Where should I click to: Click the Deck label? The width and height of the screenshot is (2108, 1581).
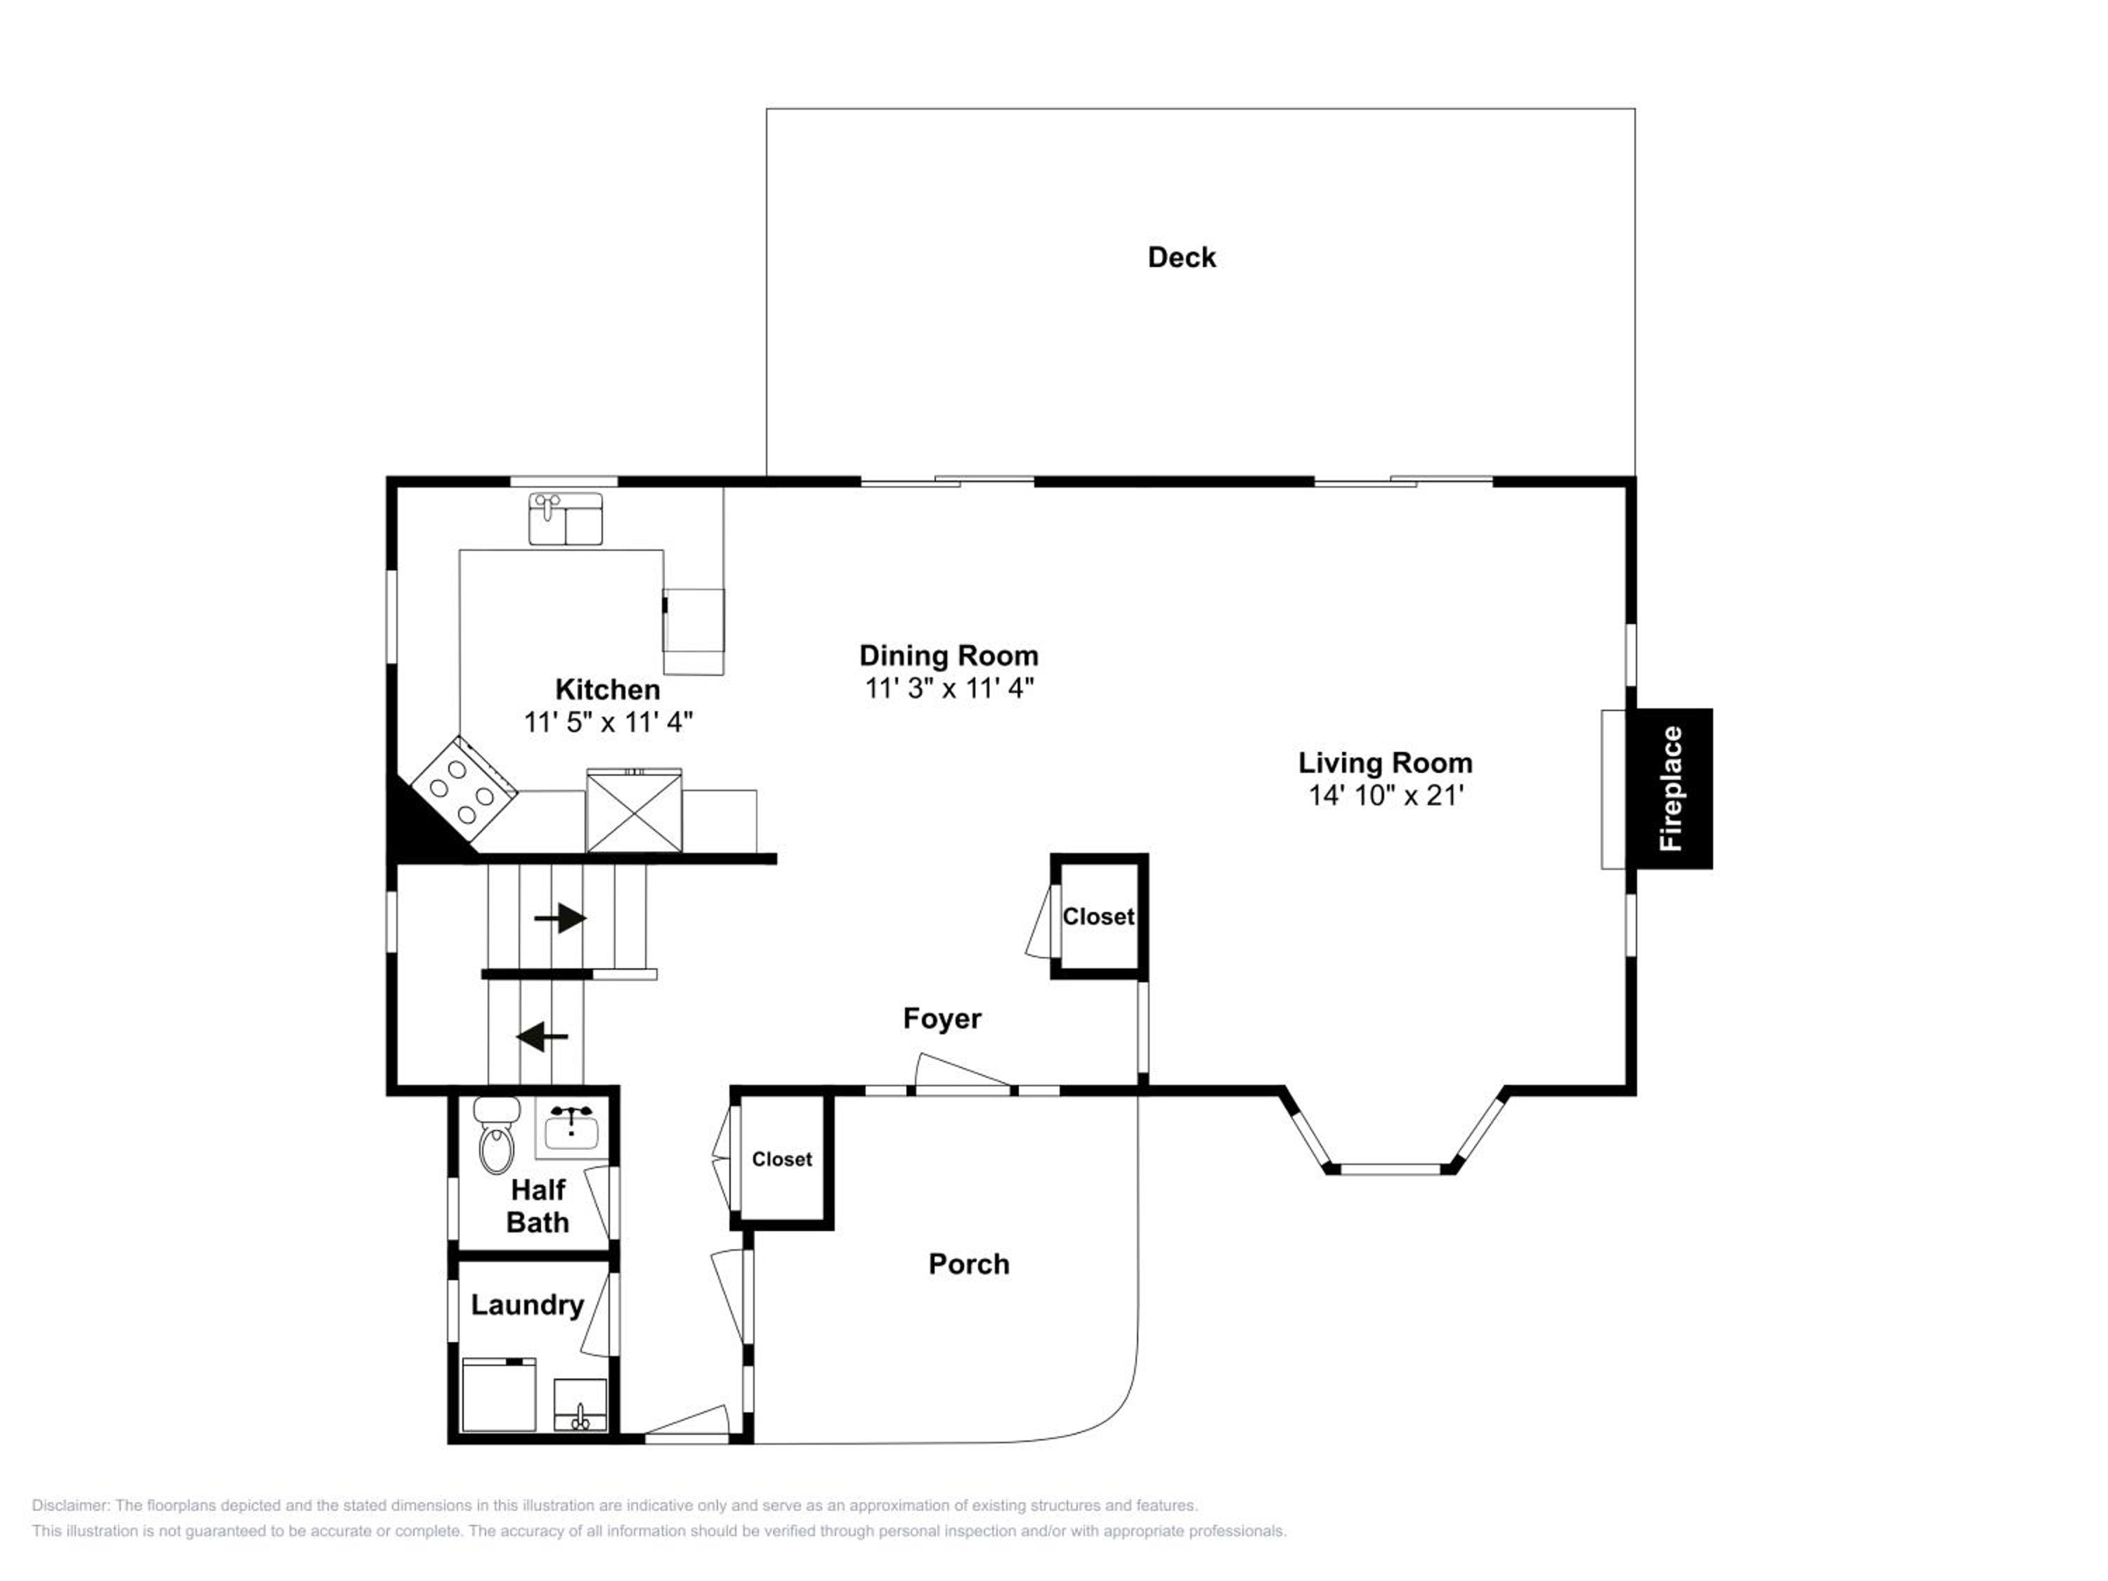tap(1182, 257)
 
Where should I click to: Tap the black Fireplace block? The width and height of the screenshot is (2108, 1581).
tap(1674, 788)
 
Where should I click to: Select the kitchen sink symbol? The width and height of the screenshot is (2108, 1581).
tap(566, 519)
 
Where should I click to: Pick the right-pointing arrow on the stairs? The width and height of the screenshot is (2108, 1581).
tap(560, 918)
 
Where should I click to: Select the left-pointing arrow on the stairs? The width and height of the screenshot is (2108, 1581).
tap(542, 1036)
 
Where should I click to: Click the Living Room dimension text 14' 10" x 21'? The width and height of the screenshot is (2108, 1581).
tap(1386, 795)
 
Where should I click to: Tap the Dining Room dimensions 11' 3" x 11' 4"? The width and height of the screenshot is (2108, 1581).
tap(949, 688)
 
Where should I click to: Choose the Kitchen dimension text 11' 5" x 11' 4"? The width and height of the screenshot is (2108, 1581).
tap(608, 722)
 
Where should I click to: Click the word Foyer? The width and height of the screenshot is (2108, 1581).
tap(942, 1019)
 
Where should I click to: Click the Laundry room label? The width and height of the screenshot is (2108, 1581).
tap(527, 1305)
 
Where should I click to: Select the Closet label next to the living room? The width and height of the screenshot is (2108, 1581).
tap(1099, 917)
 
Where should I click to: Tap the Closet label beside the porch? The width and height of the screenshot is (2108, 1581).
tap(782, 1159)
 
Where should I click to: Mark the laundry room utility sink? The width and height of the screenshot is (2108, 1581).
tap(580, 1405)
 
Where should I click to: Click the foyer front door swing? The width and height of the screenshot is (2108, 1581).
tap(963, 1071)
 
